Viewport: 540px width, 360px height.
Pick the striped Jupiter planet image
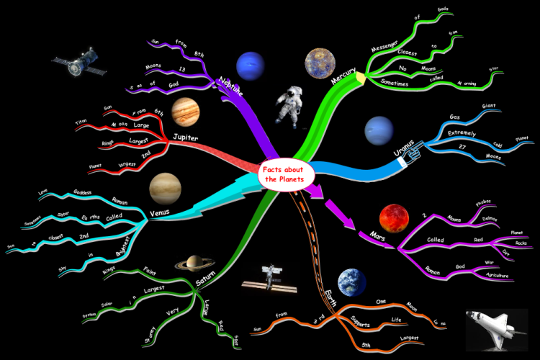[185, 110]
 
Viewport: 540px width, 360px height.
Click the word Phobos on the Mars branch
[485, 203]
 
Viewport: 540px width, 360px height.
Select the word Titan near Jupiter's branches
[81, 123]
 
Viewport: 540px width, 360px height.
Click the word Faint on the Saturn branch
[150, 271]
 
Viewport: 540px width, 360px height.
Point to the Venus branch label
[159, 212]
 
